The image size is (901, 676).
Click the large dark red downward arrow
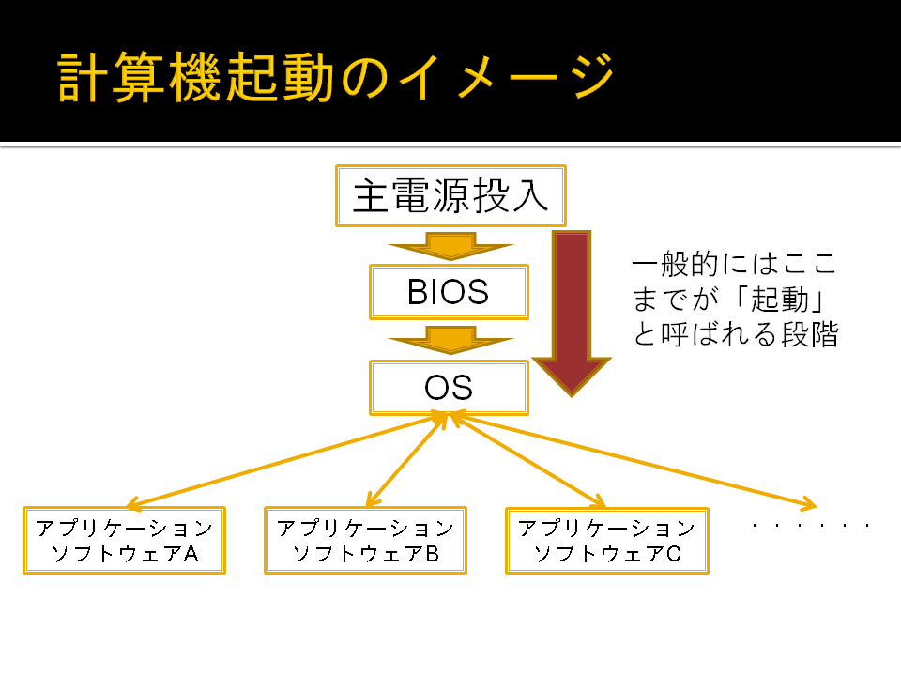coord(572,314)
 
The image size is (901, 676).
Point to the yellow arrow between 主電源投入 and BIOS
coord(451,246)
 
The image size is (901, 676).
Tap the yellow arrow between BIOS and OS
coord(451,340)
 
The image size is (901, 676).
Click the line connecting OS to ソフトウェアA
coord(287,461)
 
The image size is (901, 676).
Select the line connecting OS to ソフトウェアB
coord(406,460)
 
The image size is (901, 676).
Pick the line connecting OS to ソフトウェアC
coord(527,460)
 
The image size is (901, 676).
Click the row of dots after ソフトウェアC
coord(811,525)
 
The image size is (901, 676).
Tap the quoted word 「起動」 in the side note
coord(779,300)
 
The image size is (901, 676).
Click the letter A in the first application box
coord(191,554)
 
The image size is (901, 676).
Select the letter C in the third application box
coord(674,554)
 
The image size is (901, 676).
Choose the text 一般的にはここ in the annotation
coord(734,264)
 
